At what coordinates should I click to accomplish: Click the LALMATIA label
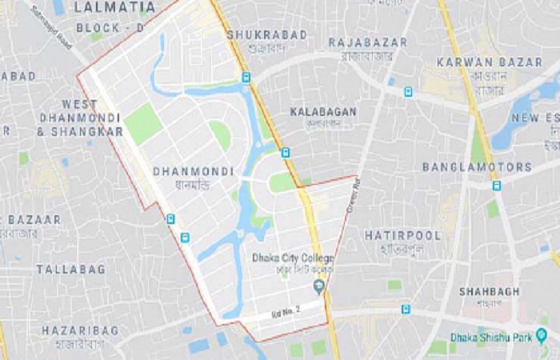(114, 7)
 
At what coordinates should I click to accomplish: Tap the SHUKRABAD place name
(256, 35)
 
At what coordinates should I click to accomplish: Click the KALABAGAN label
(323, 111)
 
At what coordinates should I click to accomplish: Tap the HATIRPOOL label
(402, 236)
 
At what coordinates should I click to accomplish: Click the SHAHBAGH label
(489, 292)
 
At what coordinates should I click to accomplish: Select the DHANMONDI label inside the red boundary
(193, 171)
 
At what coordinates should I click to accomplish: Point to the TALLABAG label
(70, 270)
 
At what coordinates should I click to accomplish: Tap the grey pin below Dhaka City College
(320, 286)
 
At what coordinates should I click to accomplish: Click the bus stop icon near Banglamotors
(496, 186)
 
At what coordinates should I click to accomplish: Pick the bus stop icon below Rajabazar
(408, 91)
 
